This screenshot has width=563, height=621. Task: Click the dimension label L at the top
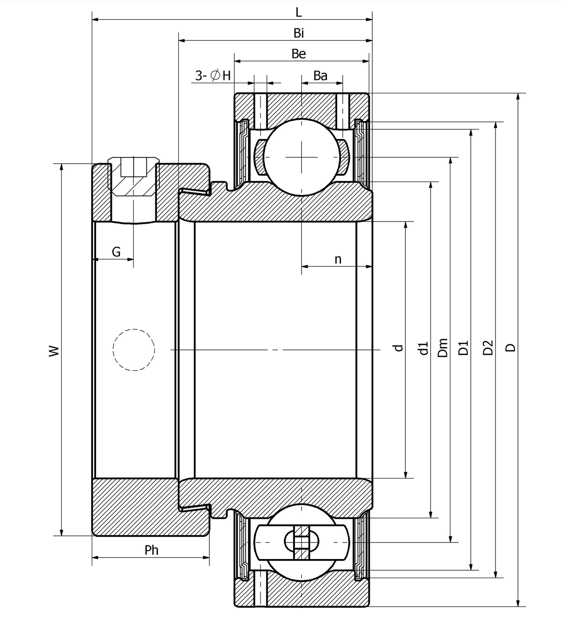click(298, 12)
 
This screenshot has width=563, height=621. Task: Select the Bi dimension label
click(298, 33)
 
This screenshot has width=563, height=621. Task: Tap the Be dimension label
click(298, 54)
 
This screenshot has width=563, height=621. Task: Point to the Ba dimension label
click(320, 75)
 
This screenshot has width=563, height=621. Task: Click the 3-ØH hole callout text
click(213, 75)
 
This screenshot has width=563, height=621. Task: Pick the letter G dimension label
click(116, 252)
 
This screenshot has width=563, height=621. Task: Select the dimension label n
click(338, 259)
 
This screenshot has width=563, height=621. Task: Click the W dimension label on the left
click(54, 350)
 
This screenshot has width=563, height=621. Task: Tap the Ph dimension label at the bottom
click(151, 550)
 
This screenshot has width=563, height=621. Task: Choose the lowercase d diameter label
click(399, 347)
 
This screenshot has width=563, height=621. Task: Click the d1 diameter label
click(423, 348)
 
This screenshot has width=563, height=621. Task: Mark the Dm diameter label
click(443, 348)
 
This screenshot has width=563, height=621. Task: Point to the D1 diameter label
click(464, 348)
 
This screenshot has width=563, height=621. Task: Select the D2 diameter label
click(488, 347)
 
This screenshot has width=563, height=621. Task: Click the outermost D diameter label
click(511, 347)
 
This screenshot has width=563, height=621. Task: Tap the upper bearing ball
click(302, 157)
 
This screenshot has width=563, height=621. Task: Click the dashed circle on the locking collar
click(134, 349)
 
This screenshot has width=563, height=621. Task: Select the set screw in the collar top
click(134, 177)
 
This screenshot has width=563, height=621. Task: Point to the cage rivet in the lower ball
click(302, 543)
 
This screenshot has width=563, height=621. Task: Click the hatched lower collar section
click(134, 507)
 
